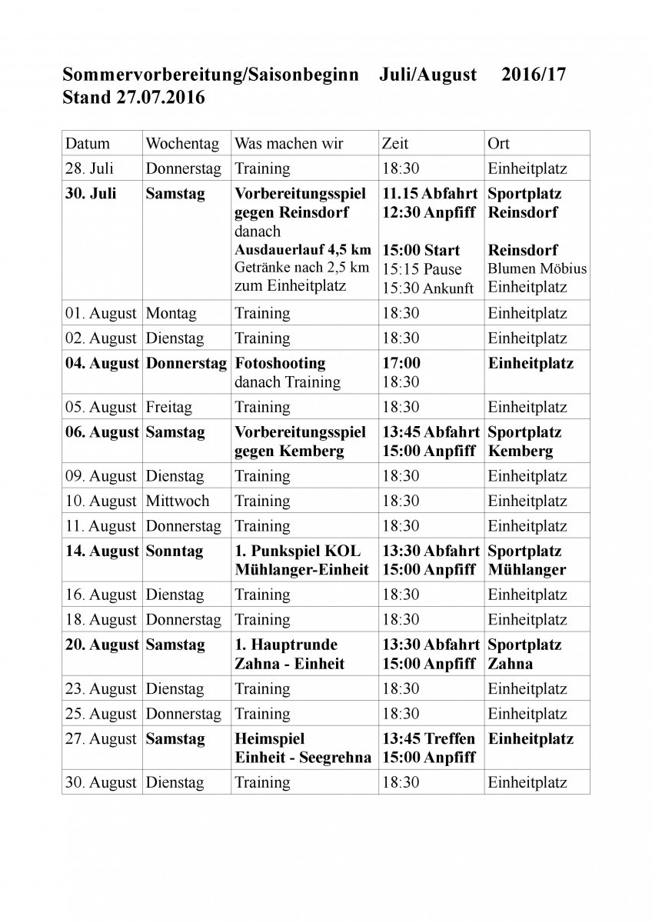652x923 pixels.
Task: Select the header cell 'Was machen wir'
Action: [x=288, y=144]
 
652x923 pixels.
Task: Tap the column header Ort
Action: [x=498, y=144]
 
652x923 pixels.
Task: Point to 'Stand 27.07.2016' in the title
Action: [x=134, y=98]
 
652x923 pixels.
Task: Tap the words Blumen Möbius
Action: [x=537, y=268]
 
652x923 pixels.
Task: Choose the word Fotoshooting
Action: [x=280, y=363]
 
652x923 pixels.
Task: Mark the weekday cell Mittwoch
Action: [x=177, y=501]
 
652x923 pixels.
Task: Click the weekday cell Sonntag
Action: [x=175, y=551]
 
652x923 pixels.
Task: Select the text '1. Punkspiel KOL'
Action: [x=297, y=551]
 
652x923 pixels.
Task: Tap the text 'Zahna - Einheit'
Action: [x=289, y=663]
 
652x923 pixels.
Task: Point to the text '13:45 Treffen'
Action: [x=428, y=739]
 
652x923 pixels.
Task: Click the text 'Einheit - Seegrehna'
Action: [x=303, y=758]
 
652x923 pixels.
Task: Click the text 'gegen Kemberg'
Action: [x=288, y=451]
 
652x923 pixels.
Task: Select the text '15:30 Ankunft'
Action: [x=428, y=288]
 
